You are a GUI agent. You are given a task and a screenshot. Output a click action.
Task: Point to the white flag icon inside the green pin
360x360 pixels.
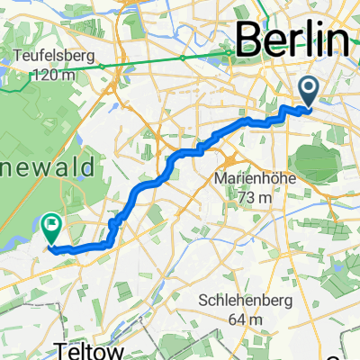click(x=51, y=220)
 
